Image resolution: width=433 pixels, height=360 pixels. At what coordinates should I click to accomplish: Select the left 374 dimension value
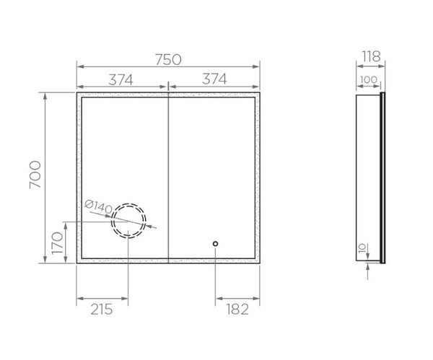pyautogui.click(x=121, y=80)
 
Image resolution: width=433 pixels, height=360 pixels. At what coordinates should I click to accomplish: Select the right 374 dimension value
pyautogui.click(x=214, y=80)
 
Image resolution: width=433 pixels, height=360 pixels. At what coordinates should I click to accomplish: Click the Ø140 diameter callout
pyautogui.click(x=98, y=207)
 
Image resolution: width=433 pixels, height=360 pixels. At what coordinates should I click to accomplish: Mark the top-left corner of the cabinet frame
pyautogui.click(x=76, y=93)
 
